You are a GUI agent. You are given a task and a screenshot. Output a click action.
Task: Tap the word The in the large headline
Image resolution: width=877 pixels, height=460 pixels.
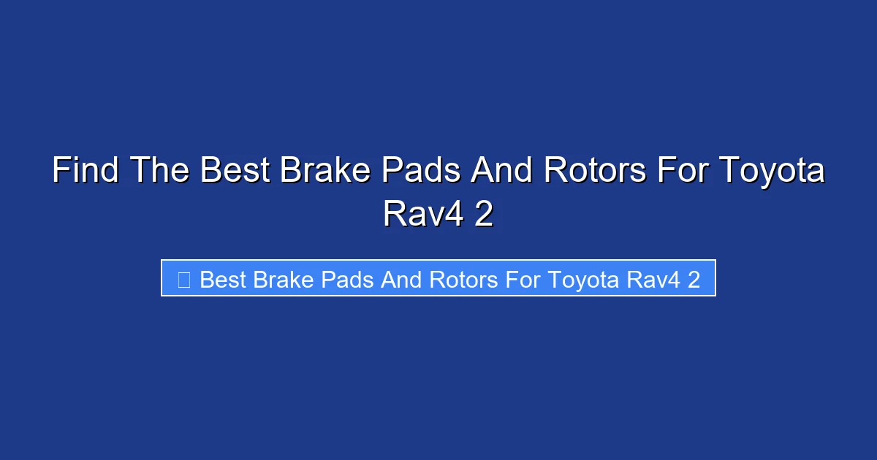tap(162, 172)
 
